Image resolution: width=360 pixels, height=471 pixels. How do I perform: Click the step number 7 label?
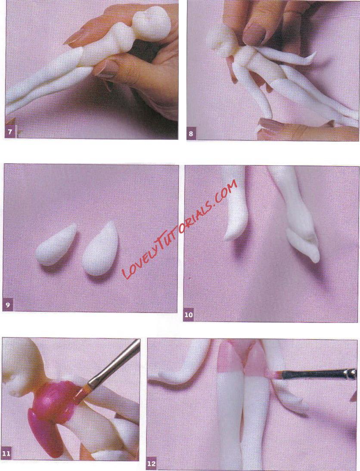10,132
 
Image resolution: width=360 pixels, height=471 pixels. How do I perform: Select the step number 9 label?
8,306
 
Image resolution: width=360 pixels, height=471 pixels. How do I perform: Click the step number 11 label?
6,453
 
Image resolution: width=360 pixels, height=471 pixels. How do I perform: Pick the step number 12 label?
152,464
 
